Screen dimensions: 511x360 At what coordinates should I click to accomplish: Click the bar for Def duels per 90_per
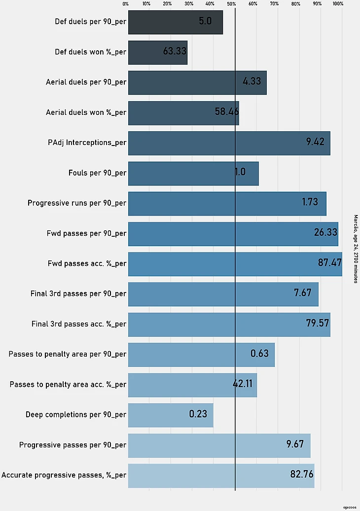pyautogui.click(x=176, y=22)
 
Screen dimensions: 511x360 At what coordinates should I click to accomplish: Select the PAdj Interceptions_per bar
pyautogui.click(x=229, y=143)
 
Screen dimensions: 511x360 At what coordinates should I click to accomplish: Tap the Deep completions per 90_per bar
pyautogui.click(x=171, y=415)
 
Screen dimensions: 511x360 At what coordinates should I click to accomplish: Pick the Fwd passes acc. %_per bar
pyautogui.click(x=235, y=264)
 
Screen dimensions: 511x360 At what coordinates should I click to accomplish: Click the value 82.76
pyautogui.click(x=302, y=474)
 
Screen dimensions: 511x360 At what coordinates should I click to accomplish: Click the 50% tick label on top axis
pyautogui.click(x=232, y=4)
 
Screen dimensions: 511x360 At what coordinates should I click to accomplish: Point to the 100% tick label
pyautogui.click(x=338, y=4)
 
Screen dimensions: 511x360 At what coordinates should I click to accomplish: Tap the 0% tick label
pyautogui.click(x=126, y=4)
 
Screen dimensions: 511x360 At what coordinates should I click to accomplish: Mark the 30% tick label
pyautogui.click(x=189, y=4)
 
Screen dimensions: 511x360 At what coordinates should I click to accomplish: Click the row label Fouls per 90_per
pyautogui.click(x=97, y=173)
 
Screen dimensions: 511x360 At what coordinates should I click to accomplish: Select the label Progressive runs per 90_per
pyautogui.click(x=77, y=203)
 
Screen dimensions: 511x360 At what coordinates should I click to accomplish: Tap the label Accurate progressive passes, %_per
pyautogui.click(x=64, y=475)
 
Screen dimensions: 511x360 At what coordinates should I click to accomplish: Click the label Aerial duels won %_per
pyautogui.click(x=86, y=112)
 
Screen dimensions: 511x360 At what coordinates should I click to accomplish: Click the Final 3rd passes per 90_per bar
pyautogui.click(x=223, y=294)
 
